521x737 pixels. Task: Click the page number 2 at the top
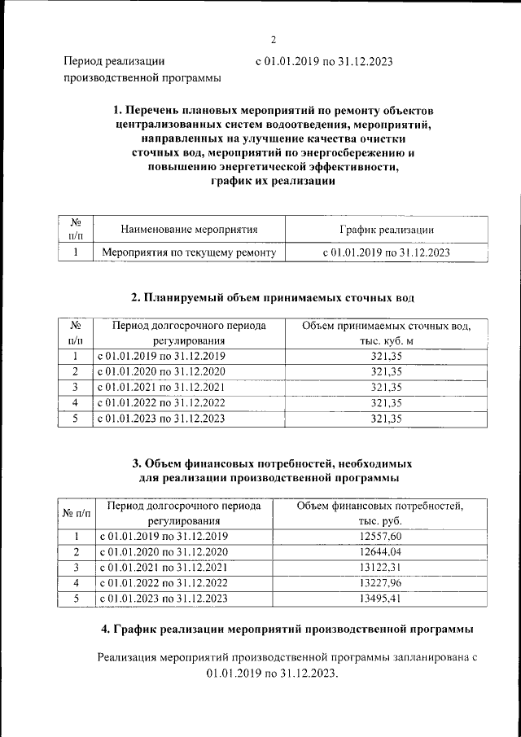click(274, 39)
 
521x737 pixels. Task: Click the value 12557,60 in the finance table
click(380, 536)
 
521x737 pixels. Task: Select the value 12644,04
click(380, 551)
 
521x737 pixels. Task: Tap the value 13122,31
click(380, 567)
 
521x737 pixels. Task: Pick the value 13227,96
click(380, 582)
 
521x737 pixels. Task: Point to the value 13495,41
click(380, 598)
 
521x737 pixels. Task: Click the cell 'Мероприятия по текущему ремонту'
click(188, 252)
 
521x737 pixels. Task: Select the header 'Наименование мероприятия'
click(188, 230)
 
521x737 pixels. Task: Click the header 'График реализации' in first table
click(386, 230)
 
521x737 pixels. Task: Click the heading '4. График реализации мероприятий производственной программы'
click(287, 630)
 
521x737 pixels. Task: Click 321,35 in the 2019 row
click(386, 357)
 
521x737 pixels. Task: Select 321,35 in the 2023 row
click(386, 419)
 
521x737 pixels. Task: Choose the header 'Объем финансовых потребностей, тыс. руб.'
click(380, 513)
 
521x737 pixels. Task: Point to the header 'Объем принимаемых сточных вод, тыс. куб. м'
click(386, 333)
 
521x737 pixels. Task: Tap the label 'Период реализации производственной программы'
click(142, 69)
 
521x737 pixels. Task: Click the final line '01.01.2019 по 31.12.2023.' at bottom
click(271, 673)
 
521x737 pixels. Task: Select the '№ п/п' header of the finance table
click(75, 513)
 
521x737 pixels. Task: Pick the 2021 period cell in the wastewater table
click(161, 388)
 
